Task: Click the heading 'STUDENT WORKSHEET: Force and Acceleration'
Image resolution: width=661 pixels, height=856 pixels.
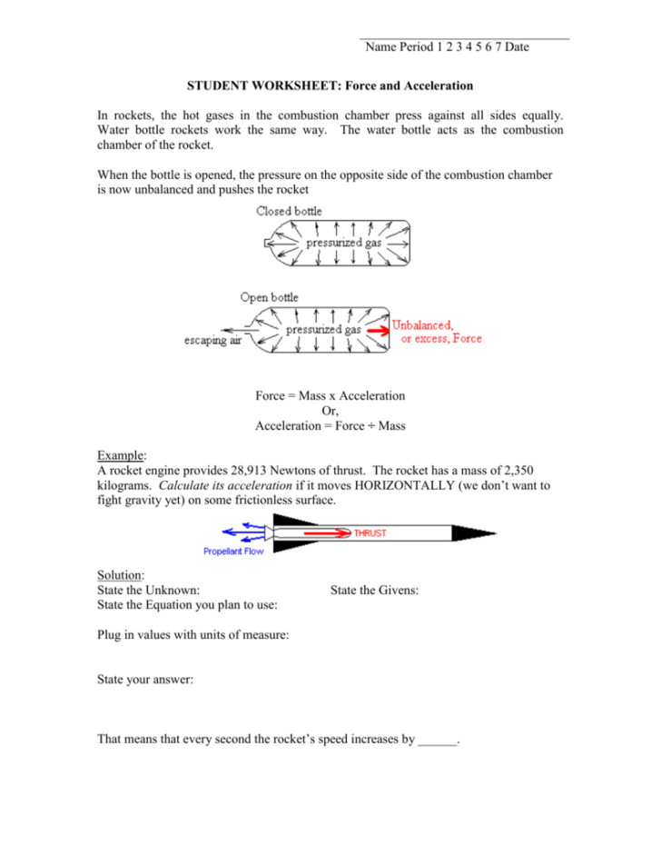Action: (x=330, y=86)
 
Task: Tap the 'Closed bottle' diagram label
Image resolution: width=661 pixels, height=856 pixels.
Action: (x=289, y=211)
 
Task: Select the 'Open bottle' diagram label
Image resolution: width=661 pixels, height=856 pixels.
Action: (x=269, y=297)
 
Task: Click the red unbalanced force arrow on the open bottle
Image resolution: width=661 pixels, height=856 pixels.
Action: (x=377, y=330)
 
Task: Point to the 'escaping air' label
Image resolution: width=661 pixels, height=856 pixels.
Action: (x=213, y=342)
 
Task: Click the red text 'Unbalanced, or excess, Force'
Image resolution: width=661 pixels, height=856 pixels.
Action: (x=437, y=332)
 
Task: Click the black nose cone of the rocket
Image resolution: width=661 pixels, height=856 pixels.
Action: (x=472, y=533)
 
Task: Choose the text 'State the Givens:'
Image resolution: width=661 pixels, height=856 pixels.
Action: (x=374, y=591)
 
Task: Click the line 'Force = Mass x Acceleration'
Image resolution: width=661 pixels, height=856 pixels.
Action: (x=330, y=396)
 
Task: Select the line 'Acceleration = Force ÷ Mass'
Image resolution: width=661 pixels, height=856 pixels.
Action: (x=330, y=425)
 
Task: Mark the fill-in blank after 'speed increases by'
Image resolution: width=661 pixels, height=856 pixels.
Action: (x=438, y=740)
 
